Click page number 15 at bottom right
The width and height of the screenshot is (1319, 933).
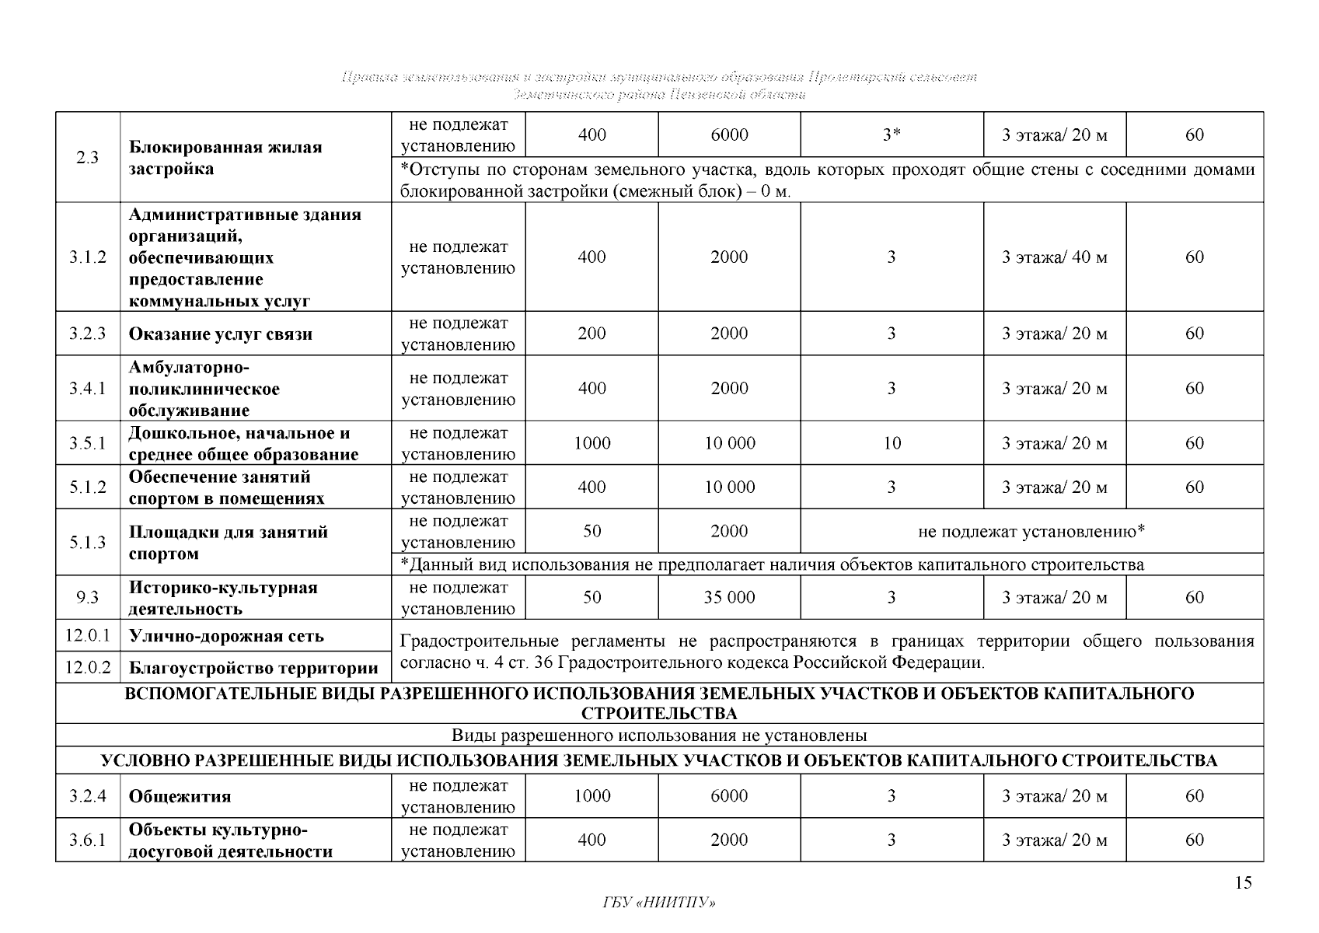pos(1243,882)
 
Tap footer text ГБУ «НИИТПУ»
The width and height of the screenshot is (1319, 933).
pos(659,903)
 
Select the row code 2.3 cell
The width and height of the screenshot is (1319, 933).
pos(88,157)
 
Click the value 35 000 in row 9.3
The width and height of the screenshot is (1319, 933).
pos(729,597)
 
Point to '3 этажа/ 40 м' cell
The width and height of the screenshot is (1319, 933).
pos(1054,257)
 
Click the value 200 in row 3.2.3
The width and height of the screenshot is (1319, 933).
pos(591,334)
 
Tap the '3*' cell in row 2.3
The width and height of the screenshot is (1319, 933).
pos(892,135)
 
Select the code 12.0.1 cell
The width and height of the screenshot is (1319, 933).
pos(88,635)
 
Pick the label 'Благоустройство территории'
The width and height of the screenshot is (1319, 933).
pos(253,668)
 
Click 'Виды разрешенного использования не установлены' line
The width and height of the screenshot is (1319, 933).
pos(659,736)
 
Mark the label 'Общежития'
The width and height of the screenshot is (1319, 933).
pos(180,796)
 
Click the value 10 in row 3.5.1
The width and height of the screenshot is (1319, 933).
pos(892,443)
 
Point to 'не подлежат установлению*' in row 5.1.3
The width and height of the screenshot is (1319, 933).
pos(1031,532)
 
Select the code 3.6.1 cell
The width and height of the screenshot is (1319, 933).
pos(88,840)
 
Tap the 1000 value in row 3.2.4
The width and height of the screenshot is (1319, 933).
pos(591,795)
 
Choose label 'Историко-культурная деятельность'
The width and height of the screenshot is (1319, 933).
pos(223,598)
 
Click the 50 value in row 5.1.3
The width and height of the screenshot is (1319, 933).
pos(591,531)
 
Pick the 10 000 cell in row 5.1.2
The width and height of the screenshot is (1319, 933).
pos(729,487)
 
